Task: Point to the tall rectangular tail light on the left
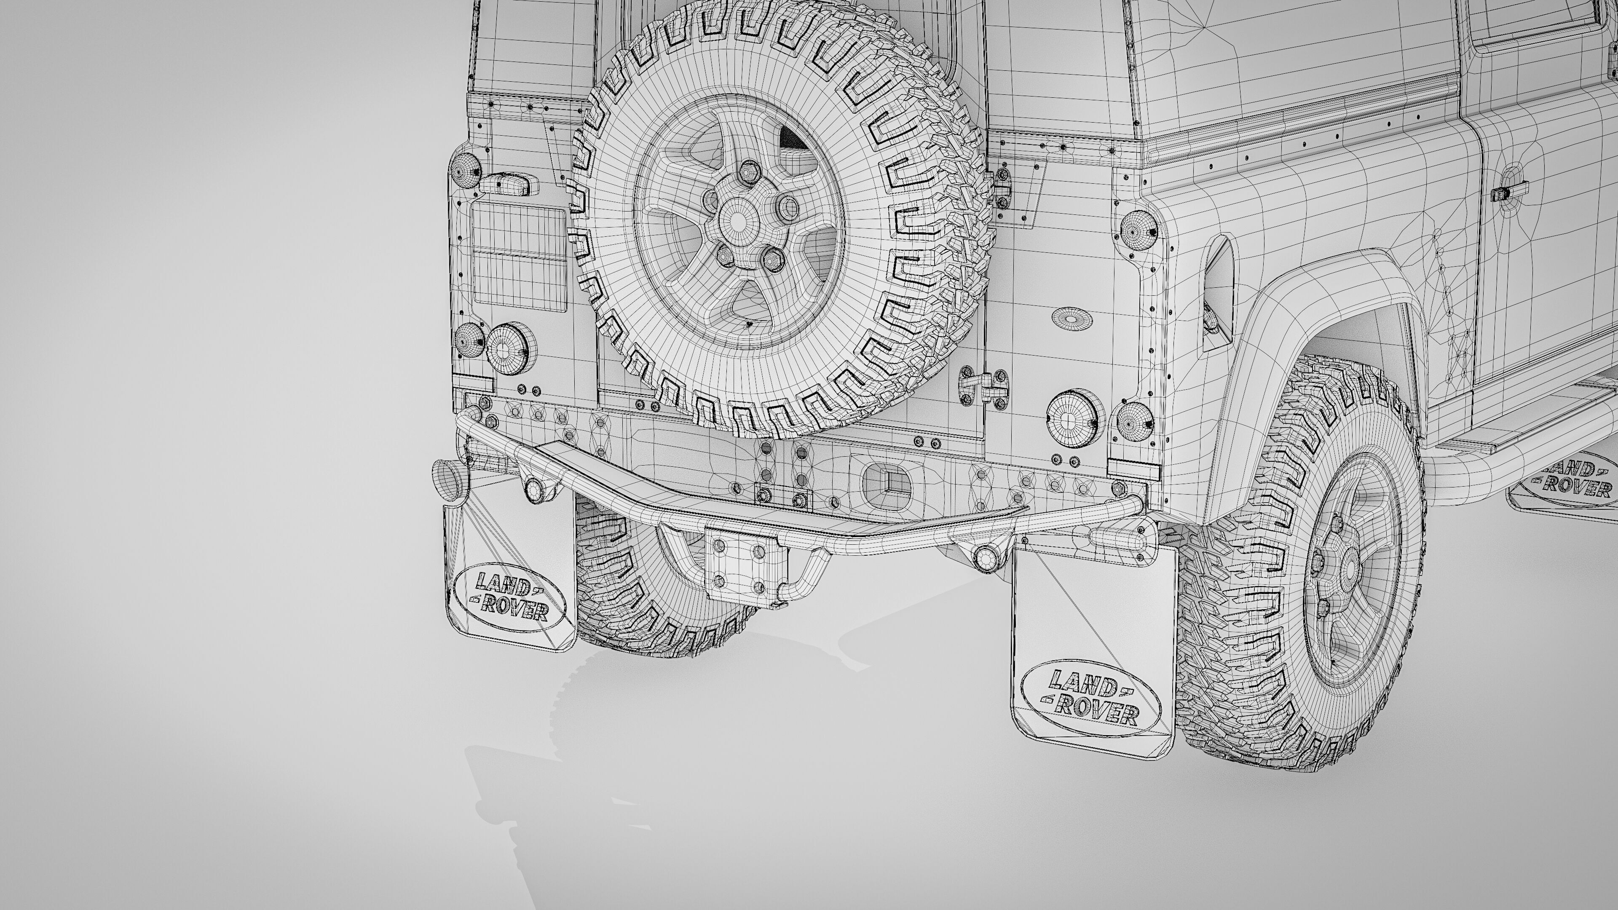(x=519, y=257)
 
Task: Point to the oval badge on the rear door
(x=1072, y=318)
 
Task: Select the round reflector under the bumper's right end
(x=985, y=556)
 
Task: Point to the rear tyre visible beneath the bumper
(x=640, y=584)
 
